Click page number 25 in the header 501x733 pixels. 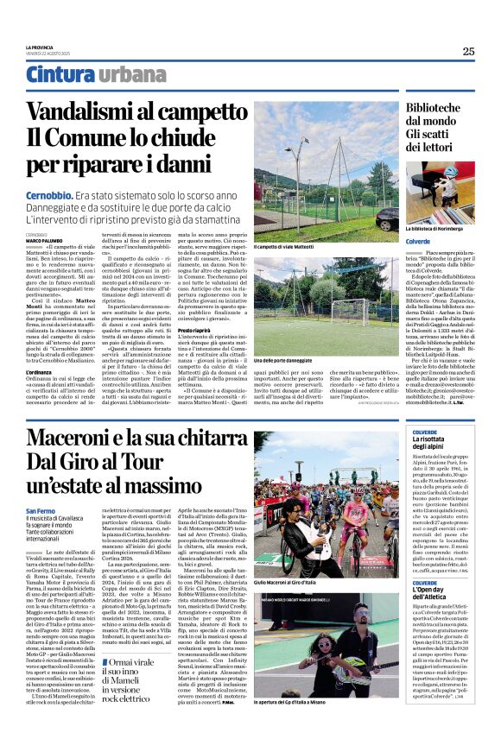coord(467,51)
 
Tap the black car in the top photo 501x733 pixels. coord(386,218)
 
